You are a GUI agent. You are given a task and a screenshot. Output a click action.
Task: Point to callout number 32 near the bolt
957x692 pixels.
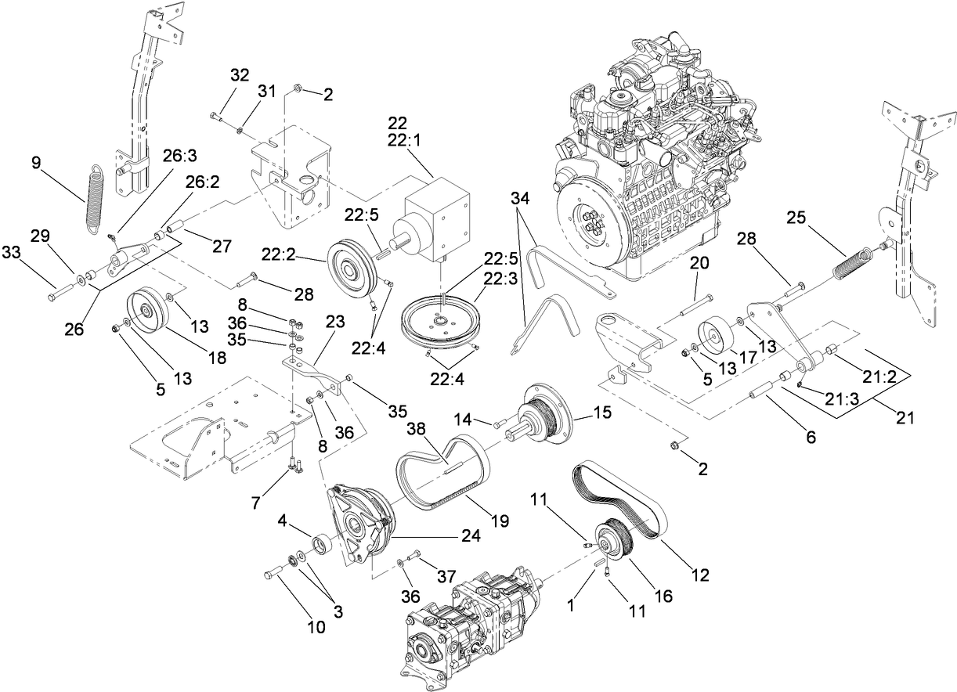(x=239, y=75)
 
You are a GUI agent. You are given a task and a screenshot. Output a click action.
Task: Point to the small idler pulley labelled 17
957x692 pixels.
(x=714, y=335)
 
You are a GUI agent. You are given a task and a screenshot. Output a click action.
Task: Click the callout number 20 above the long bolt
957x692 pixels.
(x=699, y=263)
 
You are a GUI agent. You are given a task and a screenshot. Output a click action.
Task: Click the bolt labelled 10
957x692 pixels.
(x=274, y=574)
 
